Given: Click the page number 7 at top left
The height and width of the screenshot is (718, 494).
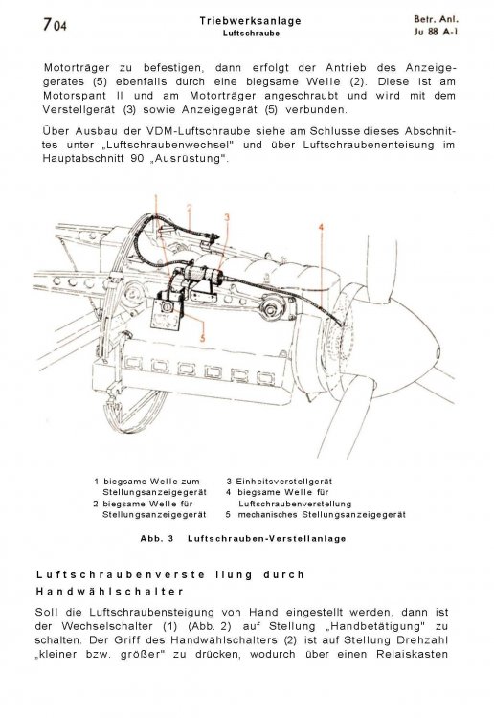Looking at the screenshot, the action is coord(48,24).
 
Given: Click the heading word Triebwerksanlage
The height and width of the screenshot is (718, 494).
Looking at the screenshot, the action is coord(251,21).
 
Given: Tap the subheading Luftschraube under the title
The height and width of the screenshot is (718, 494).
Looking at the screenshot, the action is coord(252,34).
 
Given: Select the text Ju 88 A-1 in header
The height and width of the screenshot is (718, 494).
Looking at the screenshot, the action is coord(437,32).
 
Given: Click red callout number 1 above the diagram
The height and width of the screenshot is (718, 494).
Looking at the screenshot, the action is coord(156,199).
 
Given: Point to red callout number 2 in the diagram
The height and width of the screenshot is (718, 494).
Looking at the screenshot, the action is coord(190,208).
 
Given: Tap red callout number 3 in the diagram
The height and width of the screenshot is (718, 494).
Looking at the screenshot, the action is coord(227,217).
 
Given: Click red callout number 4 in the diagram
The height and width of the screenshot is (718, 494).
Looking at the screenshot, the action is coord(322,227).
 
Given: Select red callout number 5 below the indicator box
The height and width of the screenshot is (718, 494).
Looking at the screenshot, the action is coord(203,338).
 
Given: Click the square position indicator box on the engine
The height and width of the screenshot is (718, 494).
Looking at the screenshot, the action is coord(166,316).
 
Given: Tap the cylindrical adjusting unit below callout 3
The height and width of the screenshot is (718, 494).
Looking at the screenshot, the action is coord(204,275).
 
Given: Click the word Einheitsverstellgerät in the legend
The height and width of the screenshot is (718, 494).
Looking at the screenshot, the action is coord(283,482).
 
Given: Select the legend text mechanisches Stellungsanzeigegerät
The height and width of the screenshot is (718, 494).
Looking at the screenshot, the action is coord(322,515).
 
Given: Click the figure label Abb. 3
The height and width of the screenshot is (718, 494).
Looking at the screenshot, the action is coord(157,538).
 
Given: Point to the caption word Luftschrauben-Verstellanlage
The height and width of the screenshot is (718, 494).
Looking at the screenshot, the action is coord(267,538).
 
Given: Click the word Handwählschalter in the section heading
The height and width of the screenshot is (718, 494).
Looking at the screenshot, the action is coord(109,592).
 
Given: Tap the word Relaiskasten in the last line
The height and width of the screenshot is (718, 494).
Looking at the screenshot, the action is coord(412,654).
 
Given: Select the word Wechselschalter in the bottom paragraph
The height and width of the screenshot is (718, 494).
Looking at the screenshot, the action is coord(107,626).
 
